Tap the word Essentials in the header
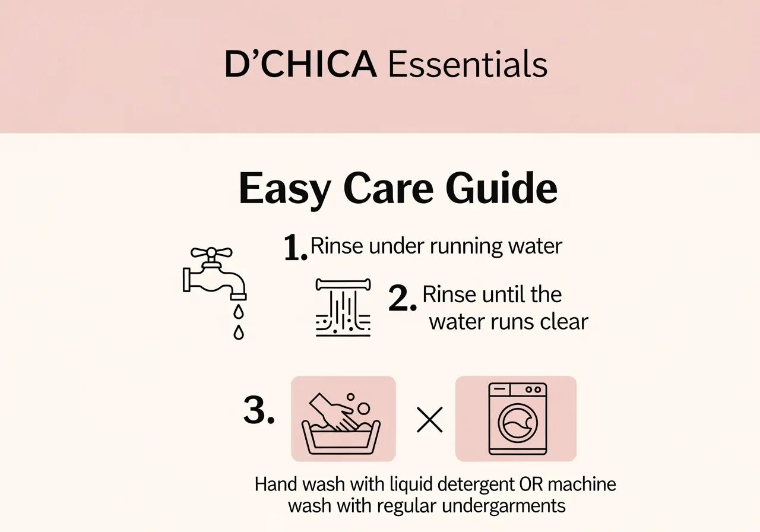[x=468, y=65]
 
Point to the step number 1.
[x=295, y=248]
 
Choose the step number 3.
[x=259, y=411]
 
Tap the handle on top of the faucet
[x=211, y=253]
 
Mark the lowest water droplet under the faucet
[x=239, y=332]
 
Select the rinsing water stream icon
[x=343, y=308]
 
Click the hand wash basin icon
[x=343, y=419]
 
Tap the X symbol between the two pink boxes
[x=430, y=420]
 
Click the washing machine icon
[x=516, y=419]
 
